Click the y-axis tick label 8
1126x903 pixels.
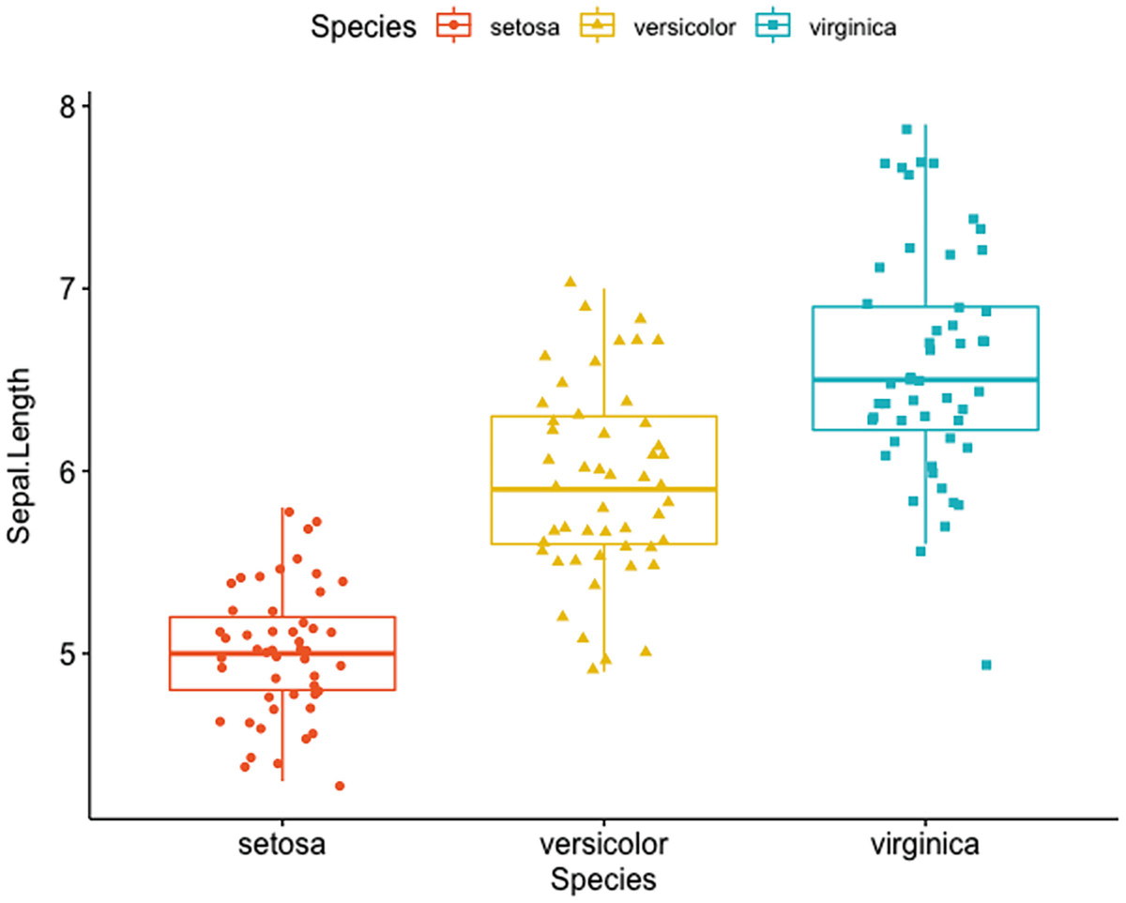click(x=68, y=106)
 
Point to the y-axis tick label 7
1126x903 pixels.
click(x=68, y=288)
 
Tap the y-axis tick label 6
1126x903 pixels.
click(x=68, y=470)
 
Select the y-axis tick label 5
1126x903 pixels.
click(x=68, y=653)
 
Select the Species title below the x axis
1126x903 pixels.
click(x=602, y=880)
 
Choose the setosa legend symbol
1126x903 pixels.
click(x=454, y=27)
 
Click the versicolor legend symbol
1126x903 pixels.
click(x=598, y=27)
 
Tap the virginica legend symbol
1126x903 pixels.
click(x=773, y=27)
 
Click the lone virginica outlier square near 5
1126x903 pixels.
click(x=986, y=665)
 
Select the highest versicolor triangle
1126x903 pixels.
click(x=570, y=282)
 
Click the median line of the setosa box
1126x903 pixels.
click(x=282, y=653)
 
